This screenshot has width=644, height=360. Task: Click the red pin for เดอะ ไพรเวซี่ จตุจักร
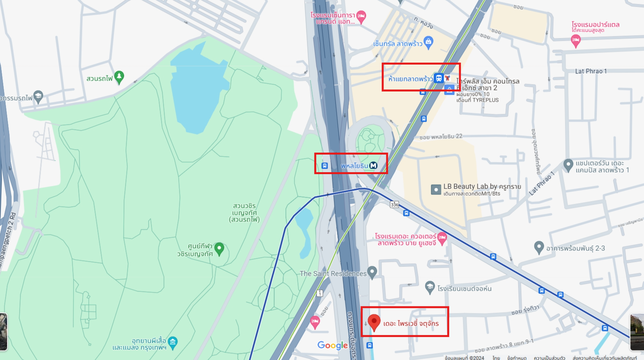click(374, 322)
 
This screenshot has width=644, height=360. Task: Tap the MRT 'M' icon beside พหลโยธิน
click(373, 166)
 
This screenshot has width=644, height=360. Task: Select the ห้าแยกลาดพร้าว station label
click(410, 79)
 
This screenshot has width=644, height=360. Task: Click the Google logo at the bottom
click(332, 345)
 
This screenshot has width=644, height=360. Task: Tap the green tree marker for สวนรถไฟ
click(119, 77)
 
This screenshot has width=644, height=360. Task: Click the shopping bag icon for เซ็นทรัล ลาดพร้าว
click(429, 42)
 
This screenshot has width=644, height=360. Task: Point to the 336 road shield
click(394, 204)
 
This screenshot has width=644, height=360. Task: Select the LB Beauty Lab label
click(482, 187)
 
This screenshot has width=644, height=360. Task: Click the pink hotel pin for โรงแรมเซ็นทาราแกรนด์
click(361, 16)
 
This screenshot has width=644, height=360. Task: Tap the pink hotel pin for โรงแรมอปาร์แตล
click(575, 40)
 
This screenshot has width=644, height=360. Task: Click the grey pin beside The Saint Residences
click(372, 272)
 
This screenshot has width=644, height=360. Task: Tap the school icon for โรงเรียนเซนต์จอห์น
click(430, 287)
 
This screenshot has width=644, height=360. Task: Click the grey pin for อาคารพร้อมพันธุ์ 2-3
click(539, 247)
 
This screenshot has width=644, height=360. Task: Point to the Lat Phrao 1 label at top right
click(590, 71)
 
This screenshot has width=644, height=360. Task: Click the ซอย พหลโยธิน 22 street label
click(441, 137)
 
